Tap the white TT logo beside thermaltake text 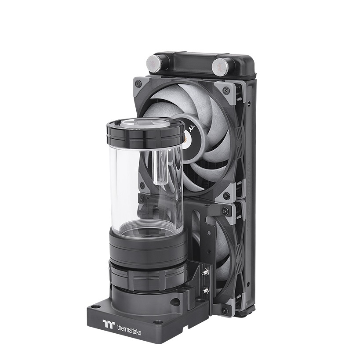[109, 324]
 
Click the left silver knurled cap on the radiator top [155, 64]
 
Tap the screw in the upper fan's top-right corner [226, 91]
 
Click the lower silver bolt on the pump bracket [204, 290]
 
